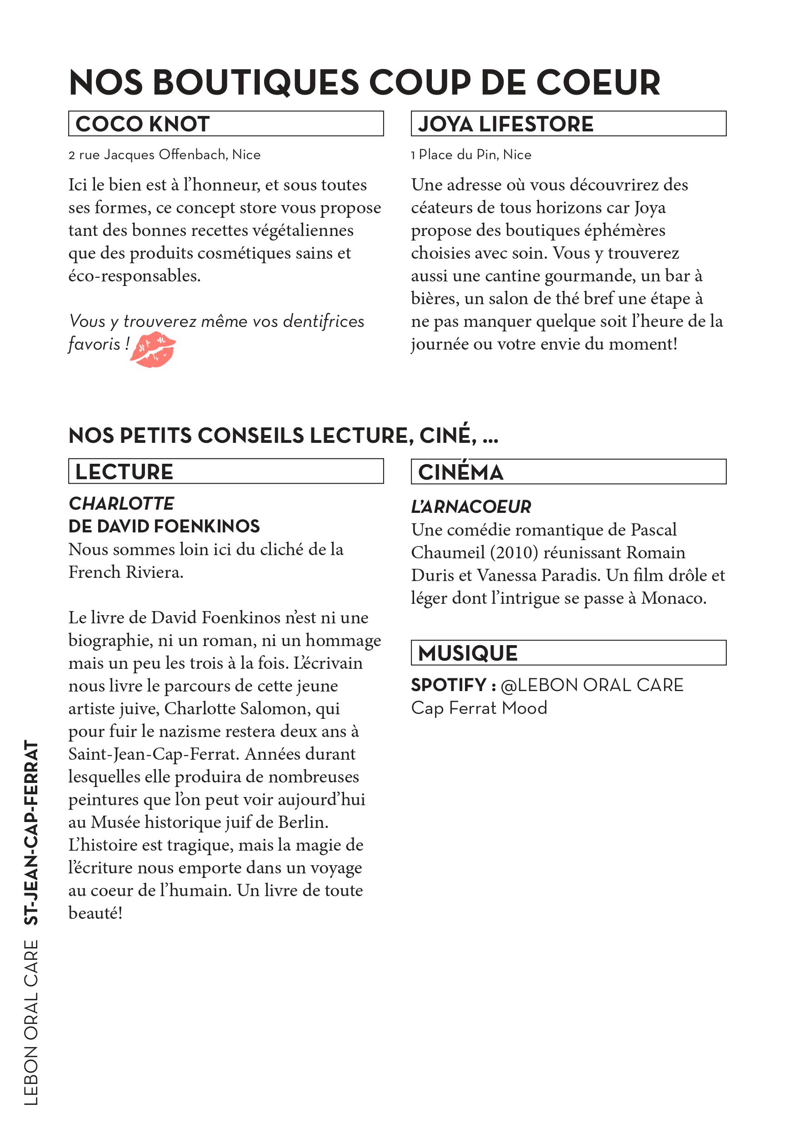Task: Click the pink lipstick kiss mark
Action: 153,349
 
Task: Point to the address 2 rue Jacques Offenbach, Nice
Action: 165,155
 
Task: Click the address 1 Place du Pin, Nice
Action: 471,155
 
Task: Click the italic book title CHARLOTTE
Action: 121,504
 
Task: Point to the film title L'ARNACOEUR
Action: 471,506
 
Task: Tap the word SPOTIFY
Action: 448,685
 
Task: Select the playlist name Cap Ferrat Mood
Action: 479,708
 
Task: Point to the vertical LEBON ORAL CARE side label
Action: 31,1022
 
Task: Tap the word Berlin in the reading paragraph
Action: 303,822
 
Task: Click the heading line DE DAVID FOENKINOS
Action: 164,526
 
